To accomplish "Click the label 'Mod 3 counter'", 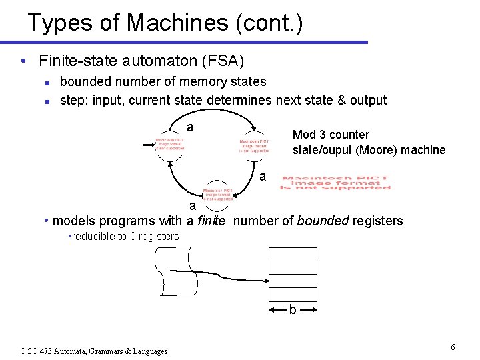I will pyautogui.click(x=331, y=135).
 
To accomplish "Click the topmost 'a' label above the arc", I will pyautogui.click(x=190, y=127).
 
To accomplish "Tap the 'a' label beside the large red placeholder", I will pyautogui.click(x=263, y=177).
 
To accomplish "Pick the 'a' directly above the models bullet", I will pyautogui.click(x=192, y=205).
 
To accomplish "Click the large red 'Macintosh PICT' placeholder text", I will pyautogui.click(x=335, y=183).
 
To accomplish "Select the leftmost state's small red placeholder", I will pyautogui.click(x=169, y=144).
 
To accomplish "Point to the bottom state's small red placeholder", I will pyautogui.click(x=218, y=193).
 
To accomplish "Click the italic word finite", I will pyautogui.click(x=211, y=221).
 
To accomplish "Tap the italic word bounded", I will pyautogui.click(x=321, y=221).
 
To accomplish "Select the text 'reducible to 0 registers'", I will pyautogui.click(x=125, y=237).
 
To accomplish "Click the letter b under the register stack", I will pyautogui.click(x=292, y=310).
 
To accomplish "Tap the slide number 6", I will pyautogui.click(x=453, y=347).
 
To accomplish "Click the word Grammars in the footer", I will pyautogui.click(x=100, y=351).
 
